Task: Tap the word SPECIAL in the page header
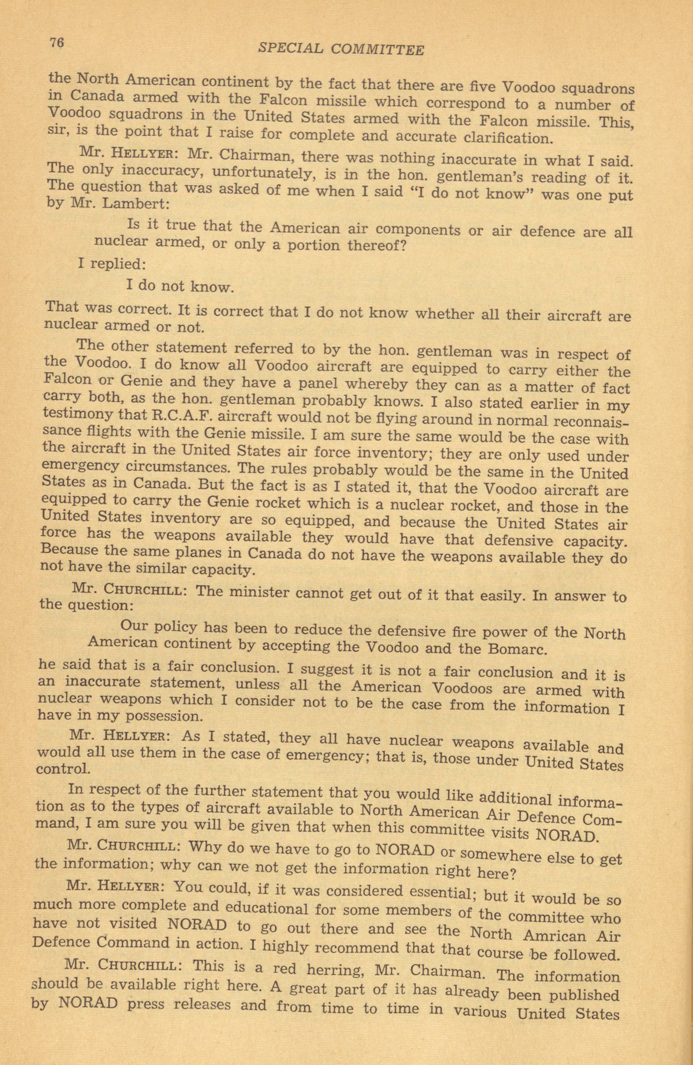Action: (290, 48)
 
